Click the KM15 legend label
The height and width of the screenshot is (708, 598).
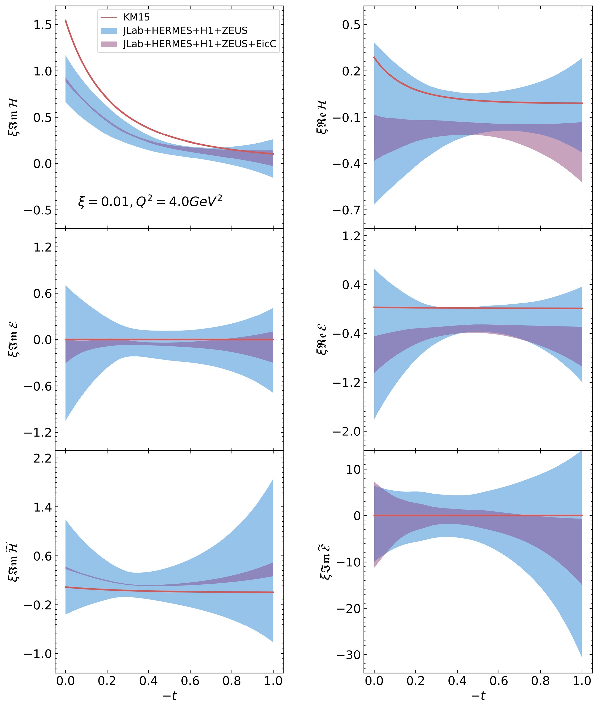pos(136,17)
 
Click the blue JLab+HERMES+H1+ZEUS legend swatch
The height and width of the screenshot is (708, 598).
pos(109,31)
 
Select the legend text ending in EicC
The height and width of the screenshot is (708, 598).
pos(200,44)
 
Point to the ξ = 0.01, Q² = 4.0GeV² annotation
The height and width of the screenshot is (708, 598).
pos(150,202)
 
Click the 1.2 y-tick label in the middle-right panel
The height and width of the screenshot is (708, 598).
pos(351,236)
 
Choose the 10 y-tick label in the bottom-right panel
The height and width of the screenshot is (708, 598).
pos(354,470)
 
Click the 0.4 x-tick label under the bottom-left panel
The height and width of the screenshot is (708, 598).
pos(149,681)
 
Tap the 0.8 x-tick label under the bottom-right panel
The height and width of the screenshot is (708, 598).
pos(540,681)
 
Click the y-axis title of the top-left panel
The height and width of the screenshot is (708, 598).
pos(13,117)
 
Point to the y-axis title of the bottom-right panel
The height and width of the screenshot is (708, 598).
pos(326,562)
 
